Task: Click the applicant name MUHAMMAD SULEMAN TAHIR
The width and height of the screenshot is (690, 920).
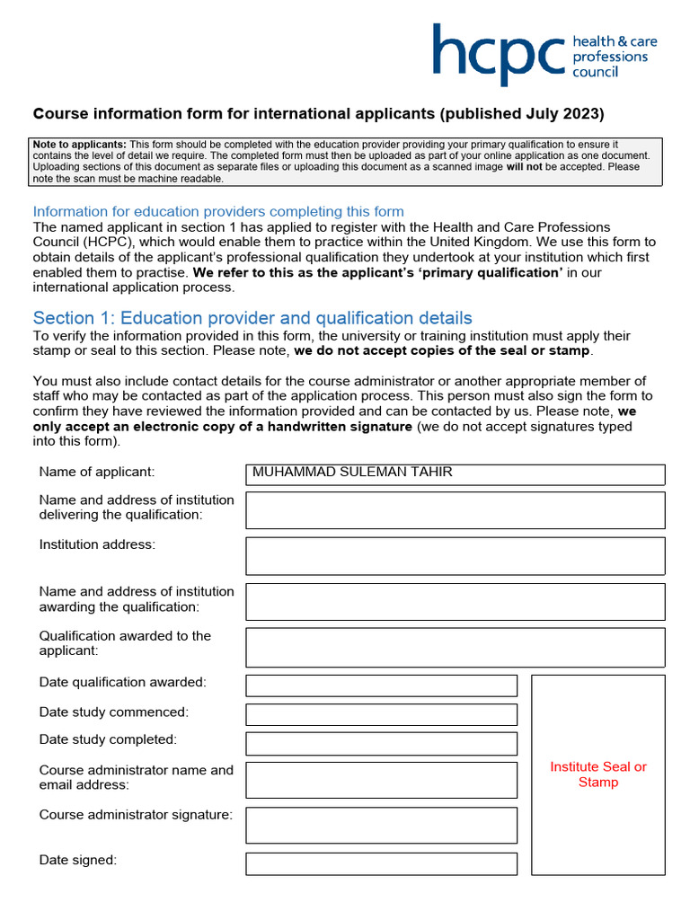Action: point(352,473)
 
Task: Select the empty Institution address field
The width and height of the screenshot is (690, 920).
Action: point(455,555)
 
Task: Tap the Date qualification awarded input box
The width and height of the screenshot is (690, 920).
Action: point(381,686)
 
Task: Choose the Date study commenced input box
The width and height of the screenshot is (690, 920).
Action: point(381,714)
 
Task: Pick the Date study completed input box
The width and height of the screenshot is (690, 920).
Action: point(381,743)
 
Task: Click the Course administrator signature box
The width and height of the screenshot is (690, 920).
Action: point(381,825)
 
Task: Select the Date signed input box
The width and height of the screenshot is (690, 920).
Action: point(381,863)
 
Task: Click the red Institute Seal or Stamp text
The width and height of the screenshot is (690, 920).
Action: point(598,774)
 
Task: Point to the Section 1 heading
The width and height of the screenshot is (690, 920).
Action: point(252,318)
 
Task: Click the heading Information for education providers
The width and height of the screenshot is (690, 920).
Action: point(218,211)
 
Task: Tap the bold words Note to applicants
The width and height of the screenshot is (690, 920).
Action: point(79,145)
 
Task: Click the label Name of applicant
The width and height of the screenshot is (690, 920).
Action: point(97,472)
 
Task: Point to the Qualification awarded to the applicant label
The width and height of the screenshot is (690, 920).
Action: point(125,642)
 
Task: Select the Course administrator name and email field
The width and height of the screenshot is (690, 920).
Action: point(381,780)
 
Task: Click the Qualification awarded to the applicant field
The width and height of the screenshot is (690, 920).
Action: point(455,647)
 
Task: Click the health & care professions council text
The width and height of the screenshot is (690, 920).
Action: point(611,56)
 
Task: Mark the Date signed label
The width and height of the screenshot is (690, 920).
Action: point(78,860)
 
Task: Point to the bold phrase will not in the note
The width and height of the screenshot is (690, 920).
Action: point(524,167)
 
